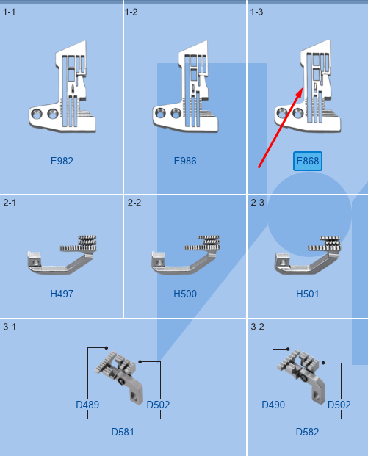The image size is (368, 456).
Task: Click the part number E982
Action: click(62, 161)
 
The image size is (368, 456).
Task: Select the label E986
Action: click(185, 161)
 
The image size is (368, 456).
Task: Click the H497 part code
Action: click(62, 294)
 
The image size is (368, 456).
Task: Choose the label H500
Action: click(185, 294)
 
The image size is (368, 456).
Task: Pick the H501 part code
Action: click(308, 294)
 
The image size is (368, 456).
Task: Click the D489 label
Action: click(87, 405)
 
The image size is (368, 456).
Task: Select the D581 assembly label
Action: click(123, 432)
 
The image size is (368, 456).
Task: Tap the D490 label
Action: click(273, 405)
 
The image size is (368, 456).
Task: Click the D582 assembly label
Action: click(308, 432)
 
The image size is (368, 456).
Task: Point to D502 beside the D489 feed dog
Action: click(158, 405)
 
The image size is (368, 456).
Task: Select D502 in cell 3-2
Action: click(339, 405)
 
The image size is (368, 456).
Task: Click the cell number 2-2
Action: click(134, 202)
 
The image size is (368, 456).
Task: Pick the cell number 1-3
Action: click(257, 12)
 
